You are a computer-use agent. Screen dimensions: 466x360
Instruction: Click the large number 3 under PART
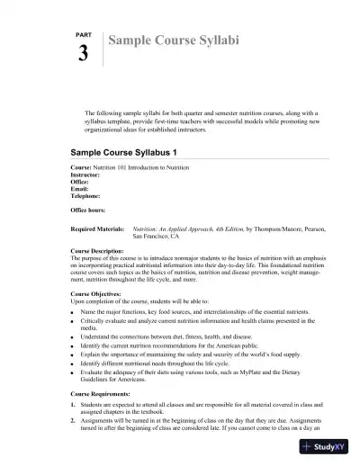[84, 54]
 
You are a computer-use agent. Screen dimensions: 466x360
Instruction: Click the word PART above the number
[82, 33]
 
